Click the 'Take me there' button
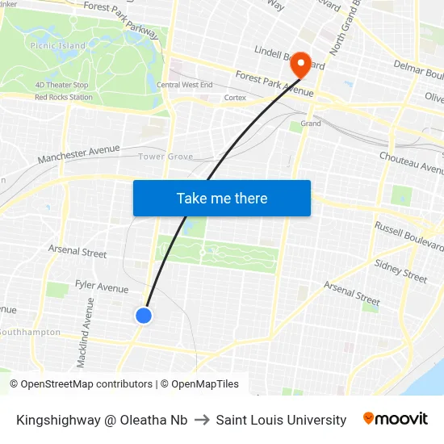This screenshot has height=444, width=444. [222, 199]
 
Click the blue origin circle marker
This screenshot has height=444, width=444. [144, 316]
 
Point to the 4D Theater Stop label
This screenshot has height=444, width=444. [61, 85]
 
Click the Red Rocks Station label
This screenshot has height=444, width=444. [63, 97]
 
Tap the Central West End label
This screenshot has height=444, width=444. [185, 85]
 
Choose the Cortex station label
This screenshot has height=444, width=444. [235, 98]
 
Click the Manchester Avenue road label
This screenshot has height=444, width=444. [78, 153]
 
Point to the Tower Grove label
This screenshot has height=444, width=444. [165, 157]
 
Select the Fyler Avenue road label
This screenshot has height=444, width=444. [102, 287]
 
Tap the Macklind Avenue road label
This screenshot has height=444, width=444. [84, 332]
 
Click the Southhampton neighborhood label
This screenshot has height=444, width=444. [30, 332]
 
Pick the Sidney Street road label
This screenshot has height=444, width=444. [400, 270]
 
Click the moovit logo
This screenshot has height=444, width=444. [396, 419]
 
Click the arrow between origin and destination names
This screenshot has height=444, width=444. [202, 420]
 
